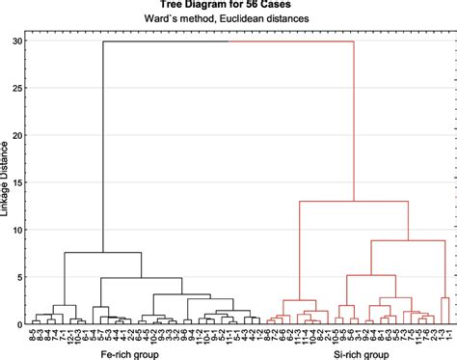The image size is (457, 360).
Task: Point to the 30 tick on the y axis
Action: pos(16,42)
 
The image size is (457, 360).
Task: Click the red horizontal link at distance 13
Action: pos(357,202)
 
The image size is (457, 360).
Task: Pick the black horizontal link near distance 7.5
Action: pos(103,253)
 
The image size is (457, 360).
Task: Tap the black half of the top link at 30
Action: pos(164,42)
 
